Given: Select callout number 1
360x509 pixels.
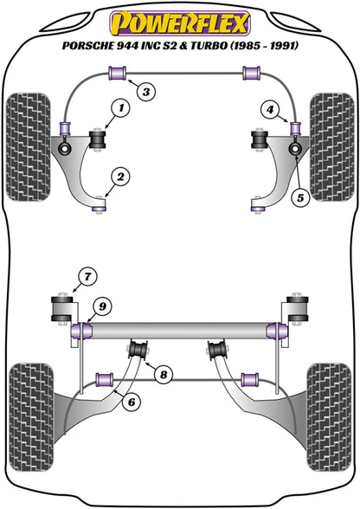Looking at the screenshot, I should point(120,109).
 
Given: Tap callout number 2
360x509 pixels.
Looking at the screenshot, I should point(120,178).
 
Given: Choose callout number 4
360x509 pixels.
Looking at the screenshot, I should point(272,110).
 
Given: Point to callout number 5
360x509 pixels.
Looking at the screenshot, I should point(300,197).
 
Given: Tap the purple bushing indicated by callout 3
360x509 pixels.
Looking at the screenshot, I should point(119,73).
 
